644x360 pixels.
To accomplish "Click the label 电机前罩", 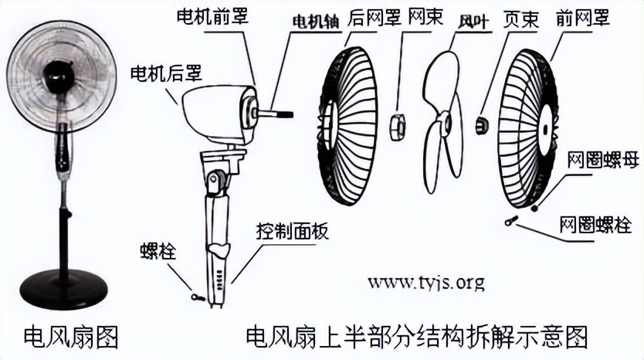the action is point(213,16).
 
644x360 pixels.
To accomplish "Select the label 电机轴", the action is point(317,22).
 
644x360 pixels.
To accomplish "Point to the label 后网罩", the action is point(374,18).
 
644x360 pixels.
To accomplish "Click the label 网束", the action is point(425,17).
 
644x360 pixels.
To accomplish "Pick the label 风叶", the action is point(474,22).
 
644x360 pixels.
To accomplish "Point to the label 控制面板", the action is point(293,231).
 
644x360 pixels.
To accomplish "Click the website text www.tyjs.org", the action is point(426,283).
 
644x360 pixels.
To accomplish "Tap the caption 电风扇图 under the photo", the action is point(71,337).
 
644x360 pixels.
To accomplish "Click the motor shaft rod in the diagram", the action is point(275,114).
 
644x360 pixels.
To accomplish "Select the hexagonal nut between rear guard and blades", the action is point(397,127).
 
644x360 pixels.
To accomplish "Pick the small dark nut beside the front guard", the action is point(482,124).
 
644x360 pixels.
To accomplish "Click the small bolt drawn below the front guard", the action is point(511,221).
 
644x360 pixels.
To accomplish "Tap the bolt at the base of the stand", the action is point(198,297).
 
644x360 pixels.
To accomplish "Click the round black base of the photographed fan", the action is point(63,288).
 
